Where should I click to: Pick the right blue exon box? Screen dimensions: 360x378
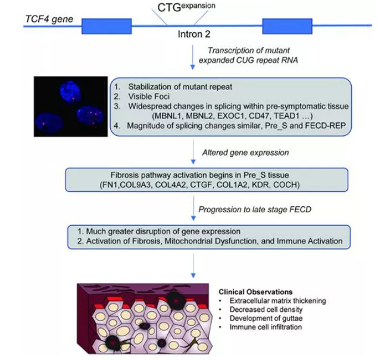click(287, 25)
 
